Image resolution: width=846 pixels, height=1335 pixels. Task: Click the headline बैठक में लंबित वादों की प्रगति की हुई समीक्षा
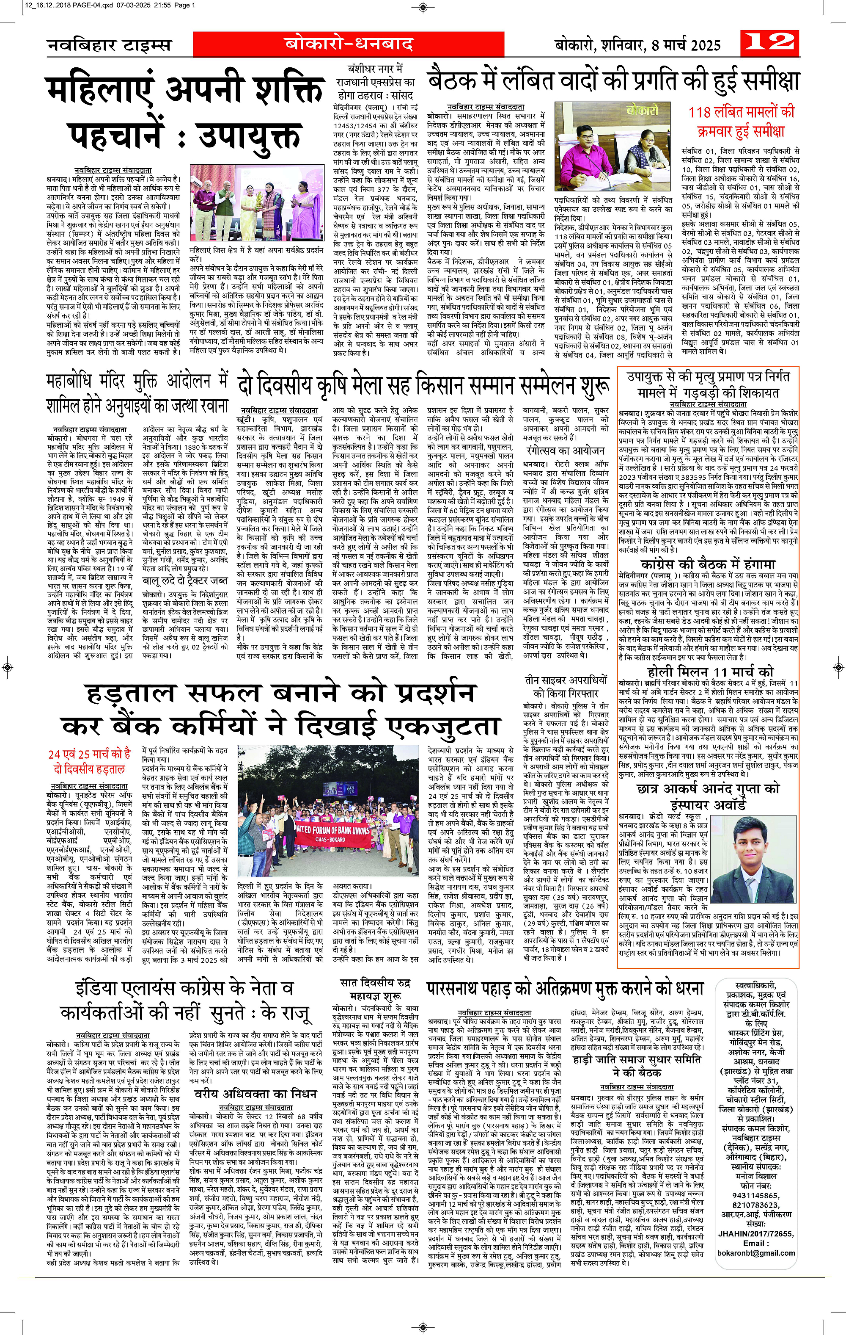(613, 81)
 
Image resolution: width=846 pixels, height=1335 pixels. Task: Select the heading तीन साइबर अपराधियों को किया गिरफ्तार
(566, 686)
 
